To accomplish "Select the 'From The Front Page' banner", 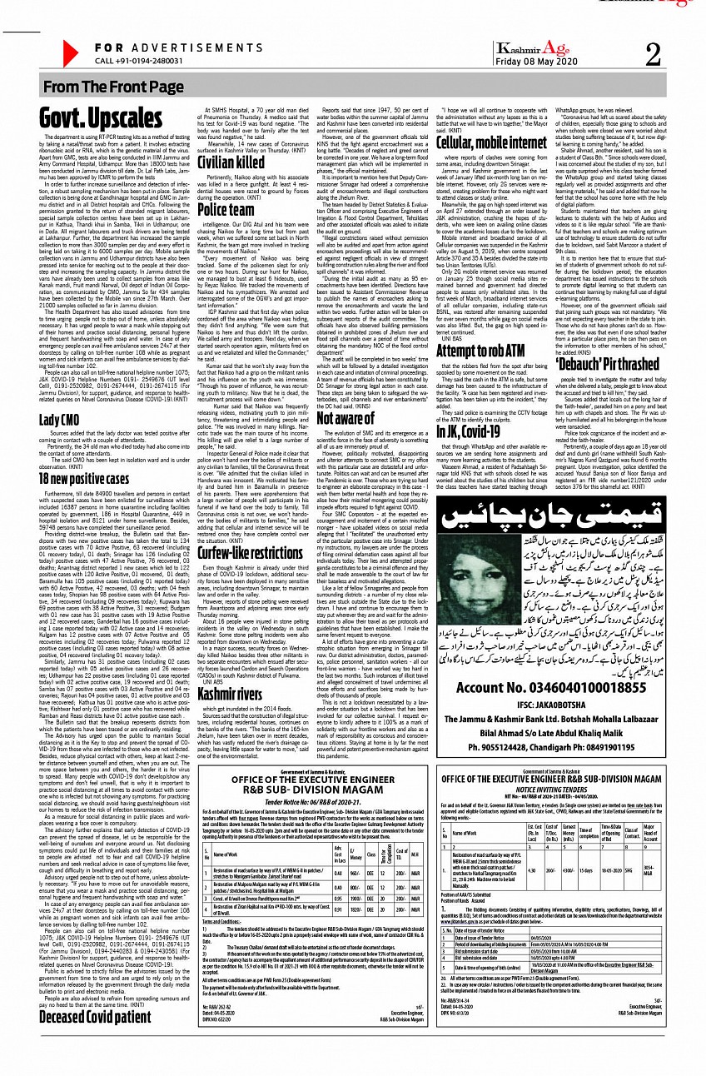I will click(x=113, y=87).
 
